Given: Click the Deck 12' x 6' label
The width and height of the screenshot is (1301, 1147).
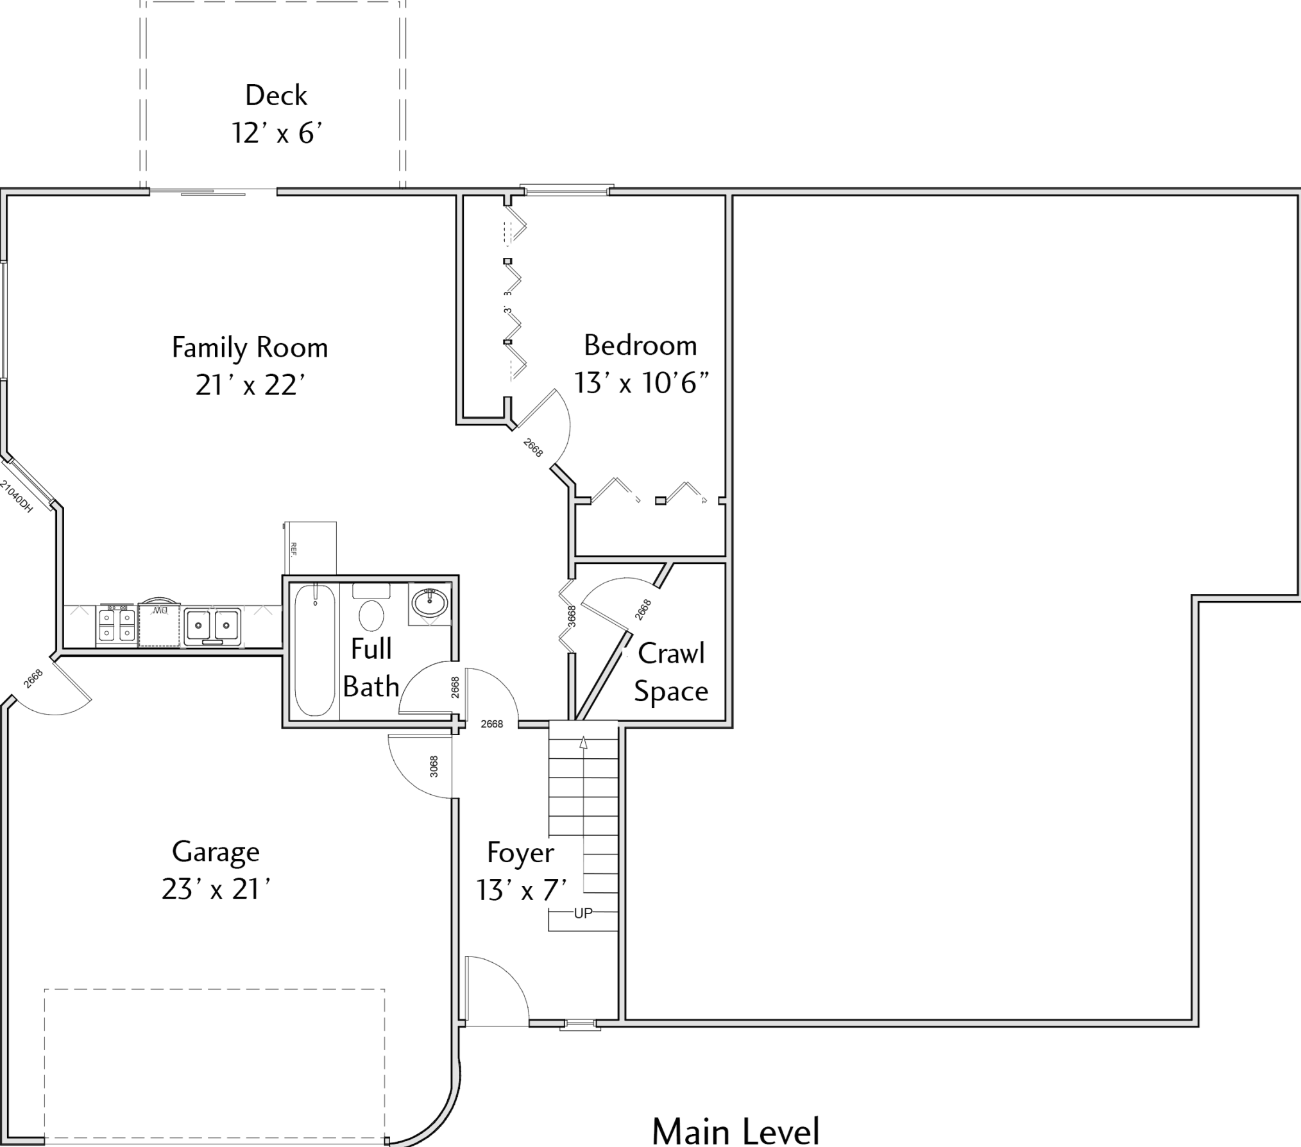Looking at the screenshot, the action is (x=276, y=114).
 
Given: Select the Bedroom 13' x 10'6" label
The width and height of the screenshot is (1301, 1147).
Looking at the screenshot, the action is (x=641, y=364).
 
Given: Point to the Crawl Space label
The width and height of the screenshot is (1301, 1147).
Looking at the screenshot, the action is (x=671, y=672).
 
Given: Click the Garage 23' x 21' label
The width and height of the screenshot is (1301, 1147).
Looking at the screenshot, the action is (x=216, y=871).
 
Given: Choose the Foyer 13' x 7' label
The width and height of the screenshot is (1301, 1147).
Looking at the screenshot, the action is (x=521, y=871).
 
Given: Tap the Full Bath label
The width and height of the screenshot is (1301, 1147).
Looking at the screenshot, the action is (x=371, y=668).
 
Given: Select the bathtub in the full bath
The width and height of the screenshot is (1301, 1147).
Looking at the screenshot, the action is (x=315, y=649).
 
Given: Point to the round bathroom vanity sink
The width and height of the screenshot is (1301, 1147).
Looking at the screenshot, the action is (x=429, y=603).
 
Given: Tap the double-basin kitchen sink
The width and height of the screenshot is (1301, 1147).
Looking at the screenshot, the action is (x=212, y=626).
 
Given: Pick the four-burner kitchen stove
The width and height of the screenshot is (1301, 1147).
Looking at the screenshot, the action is (x=116, y=625).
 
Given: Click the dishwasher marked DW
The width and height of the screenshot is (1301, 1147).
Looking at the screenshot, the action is (x=159, y=624).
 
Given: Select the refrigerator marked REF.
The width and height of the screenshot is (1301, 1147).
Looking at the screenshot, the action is (x=310, y=548).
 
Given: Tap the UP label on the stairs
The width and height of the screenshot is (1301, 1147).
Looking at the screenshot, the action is (x=583, y=913).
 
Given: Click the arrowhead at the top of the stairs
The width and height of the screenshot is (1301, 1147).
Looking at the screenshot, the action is (x=583, y=742).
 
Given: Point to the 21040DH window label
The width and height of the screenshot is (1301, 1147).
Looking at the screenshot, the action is (x=16, y=497).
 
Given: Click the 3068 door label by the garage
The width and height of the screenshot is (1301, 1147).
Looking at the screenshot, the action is (x=434, y=767).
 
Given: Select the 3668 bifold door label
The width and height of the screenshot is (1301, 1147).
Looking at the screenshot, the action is (x=572, y=616).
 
